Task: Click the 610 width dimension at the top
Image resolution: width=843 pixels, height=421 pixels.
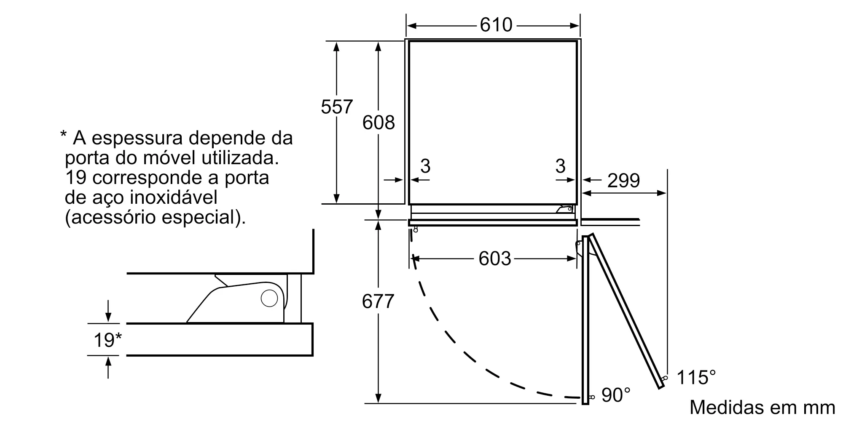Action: click(496, 25)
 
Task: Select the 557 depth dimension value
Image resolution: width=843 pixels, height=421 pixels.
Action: click(337, 107)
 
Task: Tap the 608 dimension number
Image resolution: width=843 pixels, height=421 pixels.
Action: click(379, 122)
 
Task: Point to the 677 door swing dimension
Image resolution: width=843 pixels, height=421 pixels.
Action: click(378, 301)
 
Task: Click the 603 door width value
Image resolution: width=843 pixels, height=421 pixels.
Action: click(495, 258)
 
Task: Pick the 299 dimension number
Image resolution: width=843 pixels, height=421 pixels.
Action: click(624, 180)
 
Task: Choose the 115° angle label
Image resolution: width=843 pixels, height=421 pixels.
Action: click(696, 377)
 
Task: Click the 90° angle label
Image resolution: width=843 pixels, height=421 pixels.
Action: click(616, 395)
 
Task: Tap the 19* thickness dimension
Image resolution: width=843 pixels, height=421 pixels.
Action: click(107, 340)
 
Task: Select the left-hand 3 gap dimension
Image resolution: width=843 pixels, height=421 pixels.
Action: click(425, 166)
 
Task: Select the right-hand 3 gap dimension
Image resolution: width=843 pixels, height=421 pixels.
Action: click(560, 166)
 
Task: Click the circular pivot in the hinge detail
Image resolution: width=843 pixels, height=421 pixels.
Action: click(269, 298)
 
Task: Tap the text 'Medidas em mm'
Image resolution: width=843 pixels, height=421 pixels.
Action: click(762, 407)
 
